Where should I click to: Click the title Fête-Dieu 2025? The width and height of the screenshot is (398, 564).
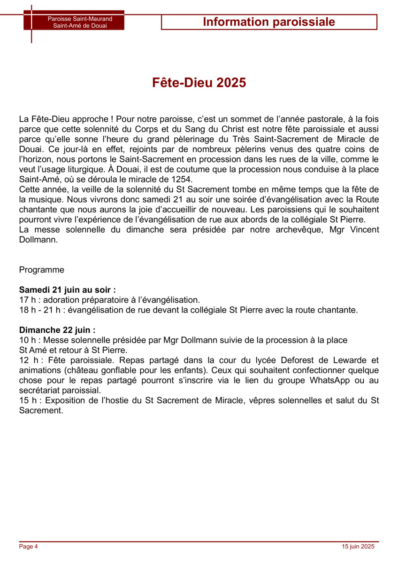199,83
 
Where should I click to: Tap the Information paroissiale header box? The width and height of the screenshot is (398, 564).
269,22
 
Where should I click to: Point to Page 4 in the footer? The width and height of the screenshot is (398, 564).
28,546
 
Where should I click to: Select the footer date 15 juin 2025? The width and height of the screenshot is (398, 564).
358,546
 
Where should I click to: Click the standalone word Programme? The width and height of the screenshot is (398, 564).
42,270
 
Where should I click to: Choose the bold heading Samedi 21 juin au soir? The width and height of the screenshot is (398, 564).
67,290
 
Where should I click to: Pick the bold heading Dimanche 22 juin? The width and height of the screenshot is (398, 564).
57,330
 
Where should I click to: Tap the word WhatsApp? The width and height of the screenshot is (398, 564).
331,381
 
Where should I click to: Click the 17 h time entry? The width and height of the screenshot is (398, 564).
29,300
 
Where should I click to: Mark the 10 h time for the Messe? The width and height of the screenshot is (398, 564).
29,340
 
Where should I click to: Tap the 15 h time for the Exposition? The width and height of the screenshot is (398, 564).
29,400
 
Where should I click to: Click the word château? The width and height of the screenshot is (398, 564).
82,370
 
